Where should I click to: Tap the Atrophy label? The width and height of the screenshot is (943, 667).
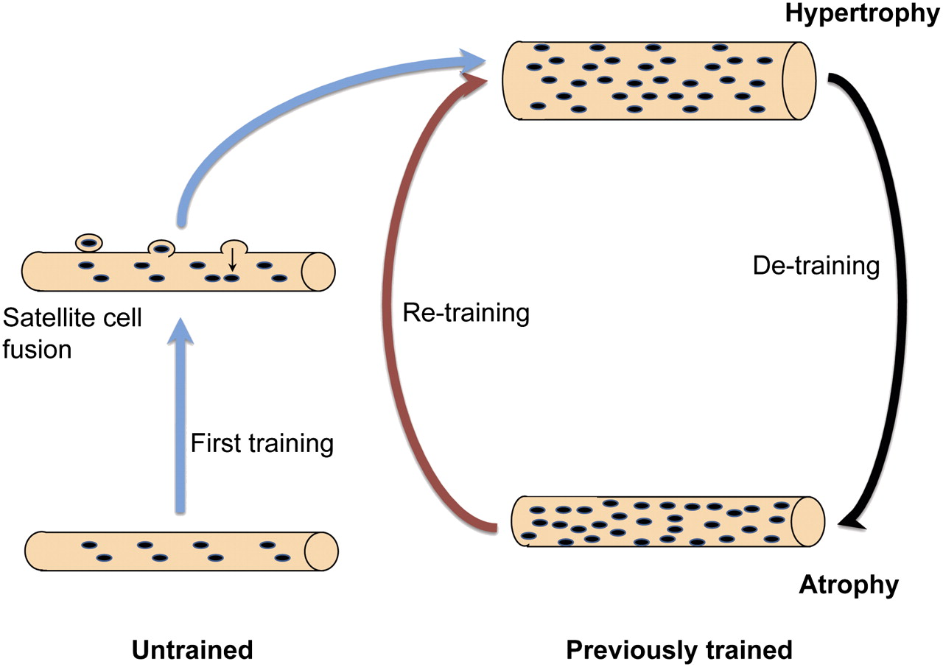[x=849, y=585]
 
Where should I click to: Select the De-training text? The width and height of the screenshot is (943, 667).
[x=816, y=266]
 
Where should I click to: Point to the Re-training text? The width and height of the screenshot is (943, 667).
[x=466, y=313]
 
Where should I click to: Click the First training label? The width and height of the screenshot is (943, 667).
[x=262, y=444]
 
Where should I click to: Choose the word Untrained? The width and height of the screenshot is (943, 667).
[x=192, y=650]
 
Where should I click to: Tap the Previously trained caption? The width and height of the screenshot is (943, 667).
[x=679, y=650]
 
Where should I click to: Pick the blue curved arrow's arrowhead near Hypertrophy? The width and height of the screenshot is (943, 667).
[x=471, y=57]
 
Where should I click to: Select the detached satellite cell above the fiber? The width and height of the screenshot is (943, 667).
[x=88, y=241]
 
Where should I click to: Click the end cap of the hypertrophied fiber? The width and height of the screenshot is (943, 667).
[x=798, y=80]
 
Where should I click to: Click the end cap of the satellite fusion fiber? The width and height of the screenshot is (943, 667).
[x=318, y=270]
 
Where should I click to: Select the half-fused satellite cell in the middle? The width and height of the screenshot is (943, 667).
[x=161, y=248]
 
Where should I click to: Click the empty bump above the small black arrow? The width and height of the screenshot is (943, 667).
[x=235, y=245]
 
